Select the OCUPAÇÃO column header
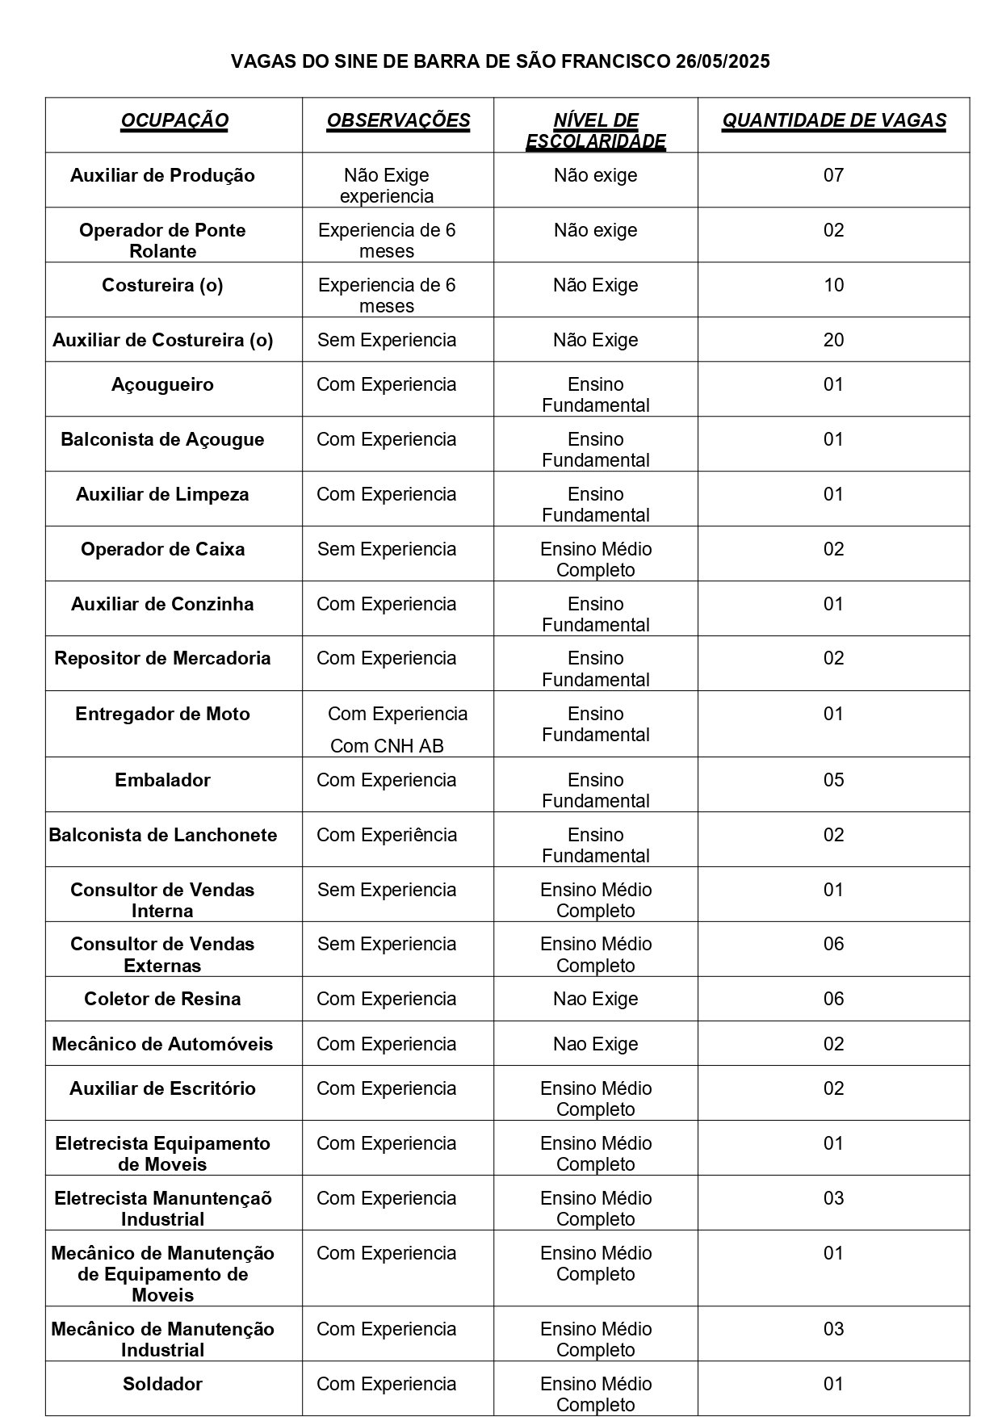[174, 121]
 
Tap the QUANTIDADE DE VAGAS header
[833, 121]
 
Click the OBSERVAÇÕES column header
[398, 121]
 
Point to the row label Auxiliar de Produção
[162, 176]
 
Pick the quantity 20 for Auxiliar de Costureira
[833, 340]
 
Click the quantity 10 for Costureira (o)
[833, 285]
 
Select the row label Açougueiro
[162, 384]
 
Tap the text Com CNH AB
[387, 746]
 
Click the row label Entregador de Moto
[162, 714]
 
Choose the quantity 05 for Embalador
[833, 780]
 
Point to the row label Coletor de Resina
[162, 1000]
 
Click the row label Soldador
[162, 1384]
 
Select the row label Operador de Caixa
[162, 550]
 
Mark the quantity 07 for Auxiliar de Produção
[833, 176]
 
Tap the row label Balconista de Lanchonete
[162, 835]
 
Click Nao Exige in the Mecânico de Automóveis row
[595, 1044]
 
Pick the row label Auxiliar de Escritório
[162, 1088]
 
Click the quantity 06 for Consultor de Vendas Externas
[833, 945]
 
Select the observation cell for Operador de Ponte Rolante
[387, 241]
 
